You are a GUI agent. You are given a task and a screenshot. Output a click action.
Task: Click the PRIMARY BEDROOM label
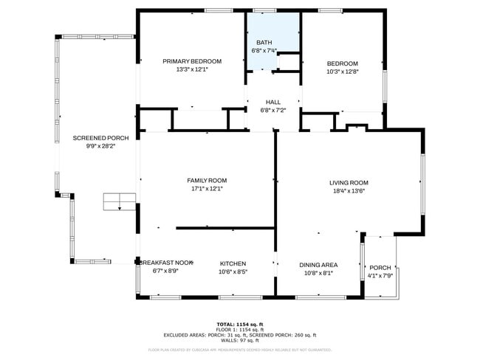tap(192, 61)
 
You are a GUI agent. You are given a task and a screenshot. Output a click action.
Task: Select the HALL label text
tap(272, 103)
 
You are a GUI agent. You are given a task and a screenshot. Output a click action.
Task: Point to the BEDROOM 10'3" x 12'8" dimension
tap(342, 72)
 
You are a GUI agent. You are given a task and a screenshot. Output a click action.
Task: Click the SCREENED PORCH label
tap(100, 138)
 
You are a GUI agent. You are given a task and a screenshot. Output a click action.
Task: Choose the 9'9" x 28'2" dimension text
tap(100, 146)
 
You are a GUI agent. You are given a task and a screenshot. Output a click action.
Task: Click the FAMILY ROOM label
tap(206, 180)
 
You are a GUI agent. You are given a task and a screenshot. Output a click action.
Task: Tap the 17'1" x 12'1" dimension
tap(206, 188)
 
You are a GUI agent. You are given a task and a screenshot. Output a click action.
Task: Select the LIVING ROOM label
tap(349, 182)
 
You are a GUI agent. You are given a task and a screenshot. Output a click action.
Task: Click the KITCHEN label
tap(233, 263)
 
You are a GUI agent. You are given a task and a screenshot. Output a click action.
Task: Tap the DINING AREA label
tap(318, 265)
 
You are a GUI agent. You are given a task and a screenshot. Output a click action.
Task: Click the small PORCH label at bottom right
tap(380, 268)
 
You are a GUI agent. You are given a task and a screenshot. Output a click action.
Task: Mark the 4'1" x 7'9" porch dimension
tap(380, 276)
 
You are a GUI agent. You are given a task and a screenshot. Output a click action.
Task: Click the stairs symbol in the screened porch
tap(119, 201)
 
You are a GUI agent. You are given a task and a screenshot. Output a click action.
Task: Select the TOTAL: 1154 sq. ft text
tap(240, 324)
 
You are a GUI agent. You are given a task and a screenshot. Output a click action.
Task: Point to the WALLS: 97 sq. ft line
tap(240, 341)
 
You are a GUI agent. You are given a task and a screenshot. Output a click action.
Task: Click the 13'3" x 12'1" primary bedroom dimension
tap(192, 69)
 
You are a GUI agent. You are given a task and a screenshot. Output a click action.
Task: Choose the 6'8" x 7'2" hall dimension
tap(272, 111)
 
